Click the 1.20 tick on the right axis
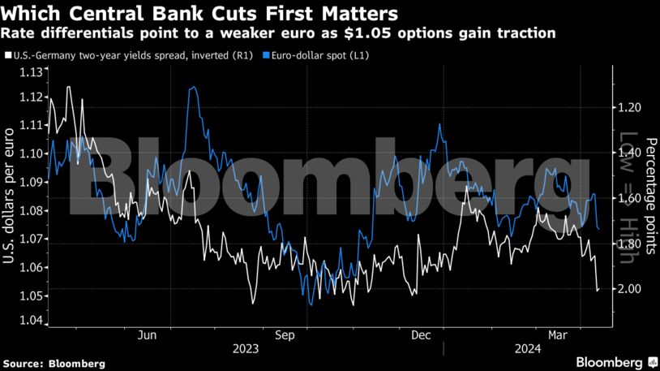pyautogui.click(x=630, y=107)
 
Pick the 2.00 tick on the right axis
pyautogui.click(x=630, y=289)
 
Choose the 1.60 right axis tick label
pyautogui.click(x=630, y=198)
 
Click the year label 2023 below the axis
pyautogui.click(x=248, y=349)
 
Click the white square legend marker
pyautogui.click(x=6, y=55)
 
